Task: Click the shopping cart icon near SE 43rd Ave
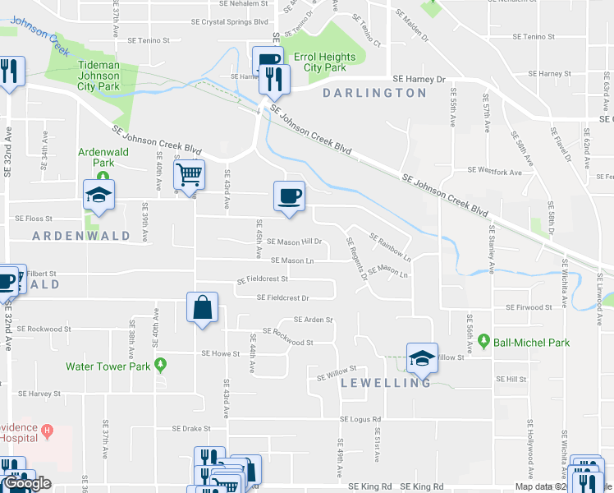coord(190,173)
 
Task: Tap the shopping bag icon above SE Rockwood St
coord(202,308)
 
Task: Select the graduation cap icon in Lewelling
coord(422,357)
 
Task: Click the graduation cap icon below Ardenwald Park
coord(99,195)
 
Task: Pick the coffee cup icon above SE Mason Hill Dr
coord(289,196)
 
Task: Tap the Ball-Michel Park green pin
coord(484,340)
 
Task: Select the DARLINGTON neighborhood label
coord(374,93)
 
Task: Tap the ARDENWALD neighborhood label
coord(81,236)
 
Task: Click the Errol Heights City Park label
coord(325,62)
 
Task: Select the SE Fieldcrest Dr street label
coord(282,297)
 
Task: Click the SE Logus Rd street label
coord(361,419)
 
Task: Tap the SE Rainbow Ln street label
coord(390,247)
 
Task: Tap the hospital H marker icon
coord(48,430)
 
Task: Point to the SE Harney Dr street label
coord(418,80)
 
